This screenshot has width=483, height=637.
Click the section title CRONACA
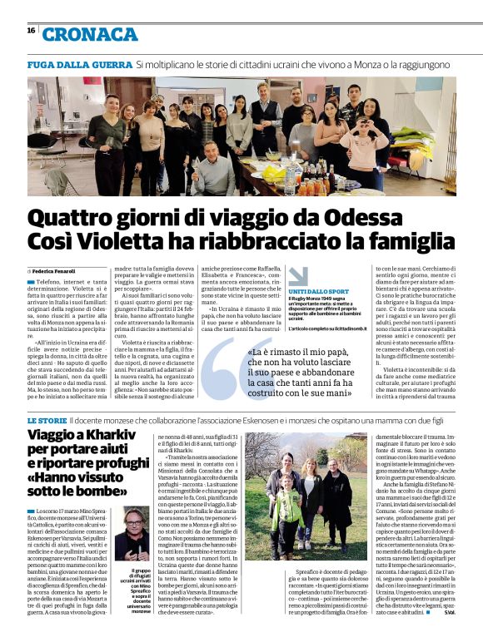(x=90, y=34)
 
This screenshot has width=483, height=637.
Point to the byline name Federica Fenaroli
(x=55, y=272)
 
